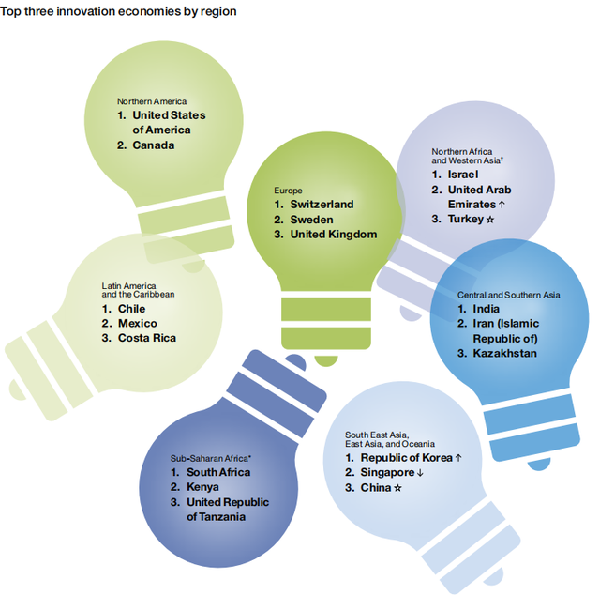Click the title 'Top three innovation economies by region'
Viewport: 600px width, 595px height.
118,11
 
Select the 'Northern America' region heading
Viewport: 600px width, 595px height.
152,101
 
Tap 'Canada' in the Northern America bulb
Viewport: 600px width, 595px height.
154,145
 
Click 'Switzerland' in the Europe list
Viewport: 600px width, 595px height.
322,205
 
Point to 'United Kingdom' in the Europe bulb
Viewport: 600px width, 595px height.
334,234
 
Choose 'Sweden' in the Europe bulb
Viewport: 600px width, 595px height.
311,220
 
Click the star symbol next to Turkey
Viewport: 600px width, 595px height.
490,220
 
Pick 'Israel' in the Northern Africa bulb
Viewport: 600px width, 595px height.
463,175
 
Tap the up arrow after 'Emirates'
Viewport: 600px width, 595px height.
502,205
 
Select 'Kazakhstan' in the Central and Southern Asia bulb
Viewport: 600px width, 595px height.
504,353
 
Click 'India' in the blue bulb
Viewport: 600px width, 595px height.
486,309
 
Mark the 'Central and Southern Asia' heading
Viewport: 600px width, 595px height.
508,295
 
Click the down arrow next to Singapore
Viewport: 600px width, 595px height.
420,473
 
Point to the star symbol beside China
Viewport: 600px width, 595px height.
397,488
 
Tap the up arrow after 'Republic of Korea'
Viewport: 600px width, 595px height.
458,458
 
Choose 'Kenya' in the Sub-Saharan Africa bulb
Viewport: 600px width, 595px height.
202,486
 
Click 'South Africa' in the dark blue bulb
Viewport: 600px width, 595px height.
218,472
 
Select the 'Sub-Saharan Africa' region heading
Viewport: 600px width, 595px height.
210,458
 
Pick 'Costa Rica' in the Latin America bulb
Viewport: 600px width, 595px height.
147,338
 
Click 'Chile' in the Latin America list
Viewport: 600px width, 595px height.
131,309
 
